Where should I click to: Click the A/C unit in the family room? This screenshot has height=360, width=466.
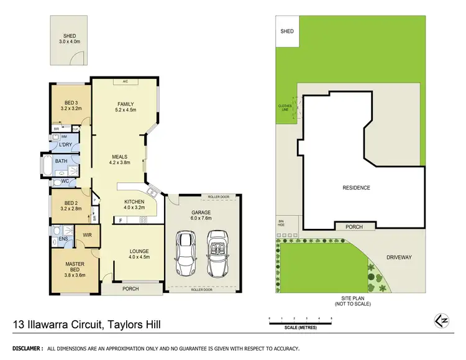tap(125, 81)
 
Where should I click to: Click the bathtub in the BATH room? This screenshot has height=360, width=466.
tap(47, 166)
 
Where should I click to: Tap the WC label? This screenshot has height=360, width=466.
tap(64, 182)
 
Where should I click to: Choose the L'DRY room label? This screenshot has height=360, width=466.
tap(65, 145)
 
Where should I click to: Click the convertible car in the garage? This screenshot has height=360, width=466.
tap(217, 253)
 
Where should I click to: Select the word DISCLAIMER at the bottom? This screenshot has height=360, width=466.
tap(24, 349)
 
